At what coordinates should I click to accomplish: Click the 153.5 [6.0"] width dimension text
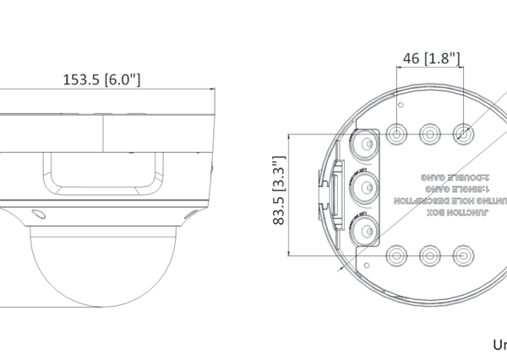(101, 80)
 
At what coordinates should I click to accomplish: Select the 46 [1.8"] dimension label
(429, 58)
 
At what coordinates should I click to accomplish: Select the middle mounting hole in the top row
(429, 133)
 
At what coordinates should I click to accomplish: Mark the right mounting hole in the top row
(462, 133)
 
